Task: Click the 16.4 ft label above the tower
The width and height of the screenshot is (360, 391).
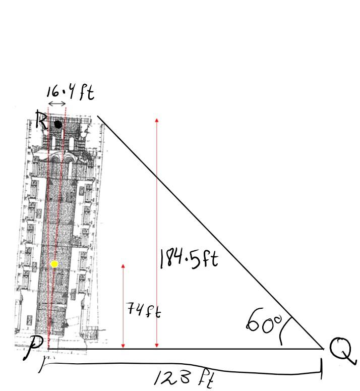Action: pyautogui.click(x=70, y=92)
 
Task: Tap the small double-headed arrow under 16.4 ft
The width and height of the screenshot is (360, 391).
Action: pyautogui.click(x=57, y=104)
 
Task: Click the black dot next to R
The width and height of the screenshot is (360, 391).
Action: pyautogui.click(x=58, y=124)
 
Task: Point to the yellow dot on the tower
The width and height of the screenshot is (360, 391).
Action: pyautogui.click(x=54, y=264)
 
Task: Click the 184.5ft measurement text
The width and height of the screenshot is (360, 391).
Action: pyautogui.click(x=189, y=259)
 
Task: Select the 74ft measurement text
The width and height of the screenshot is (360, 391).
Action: pyautogui.click(x=144, y=310)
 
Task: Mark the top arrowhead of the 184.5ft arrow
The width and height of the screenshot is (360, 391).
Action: pyautogui.click(x=157, y=121)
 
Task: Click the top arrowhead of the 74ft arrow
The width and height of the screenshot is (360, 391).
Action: pyautogui.click(x=123, y=266)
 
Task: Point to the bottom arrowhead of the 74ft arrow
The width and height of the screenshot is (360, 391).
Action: pyautogui.click(x=123, y=346)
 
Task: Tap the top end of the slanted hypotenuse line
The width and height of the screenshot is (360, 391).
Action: pyautogui.click(x=98, y=116)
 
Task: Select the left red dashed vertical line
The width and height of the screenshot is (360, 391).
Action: pyautogui.click(x=48, y=227)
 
